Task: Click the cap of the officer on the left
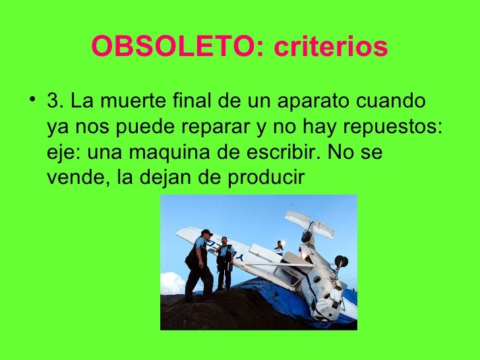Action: pyautogui.click(x=206, y=232)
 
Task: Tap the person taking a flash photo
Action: pyautogui.click(x=280, y=247)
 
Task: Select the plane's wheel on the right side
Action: pyautogui.click(x=340, y=262)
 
